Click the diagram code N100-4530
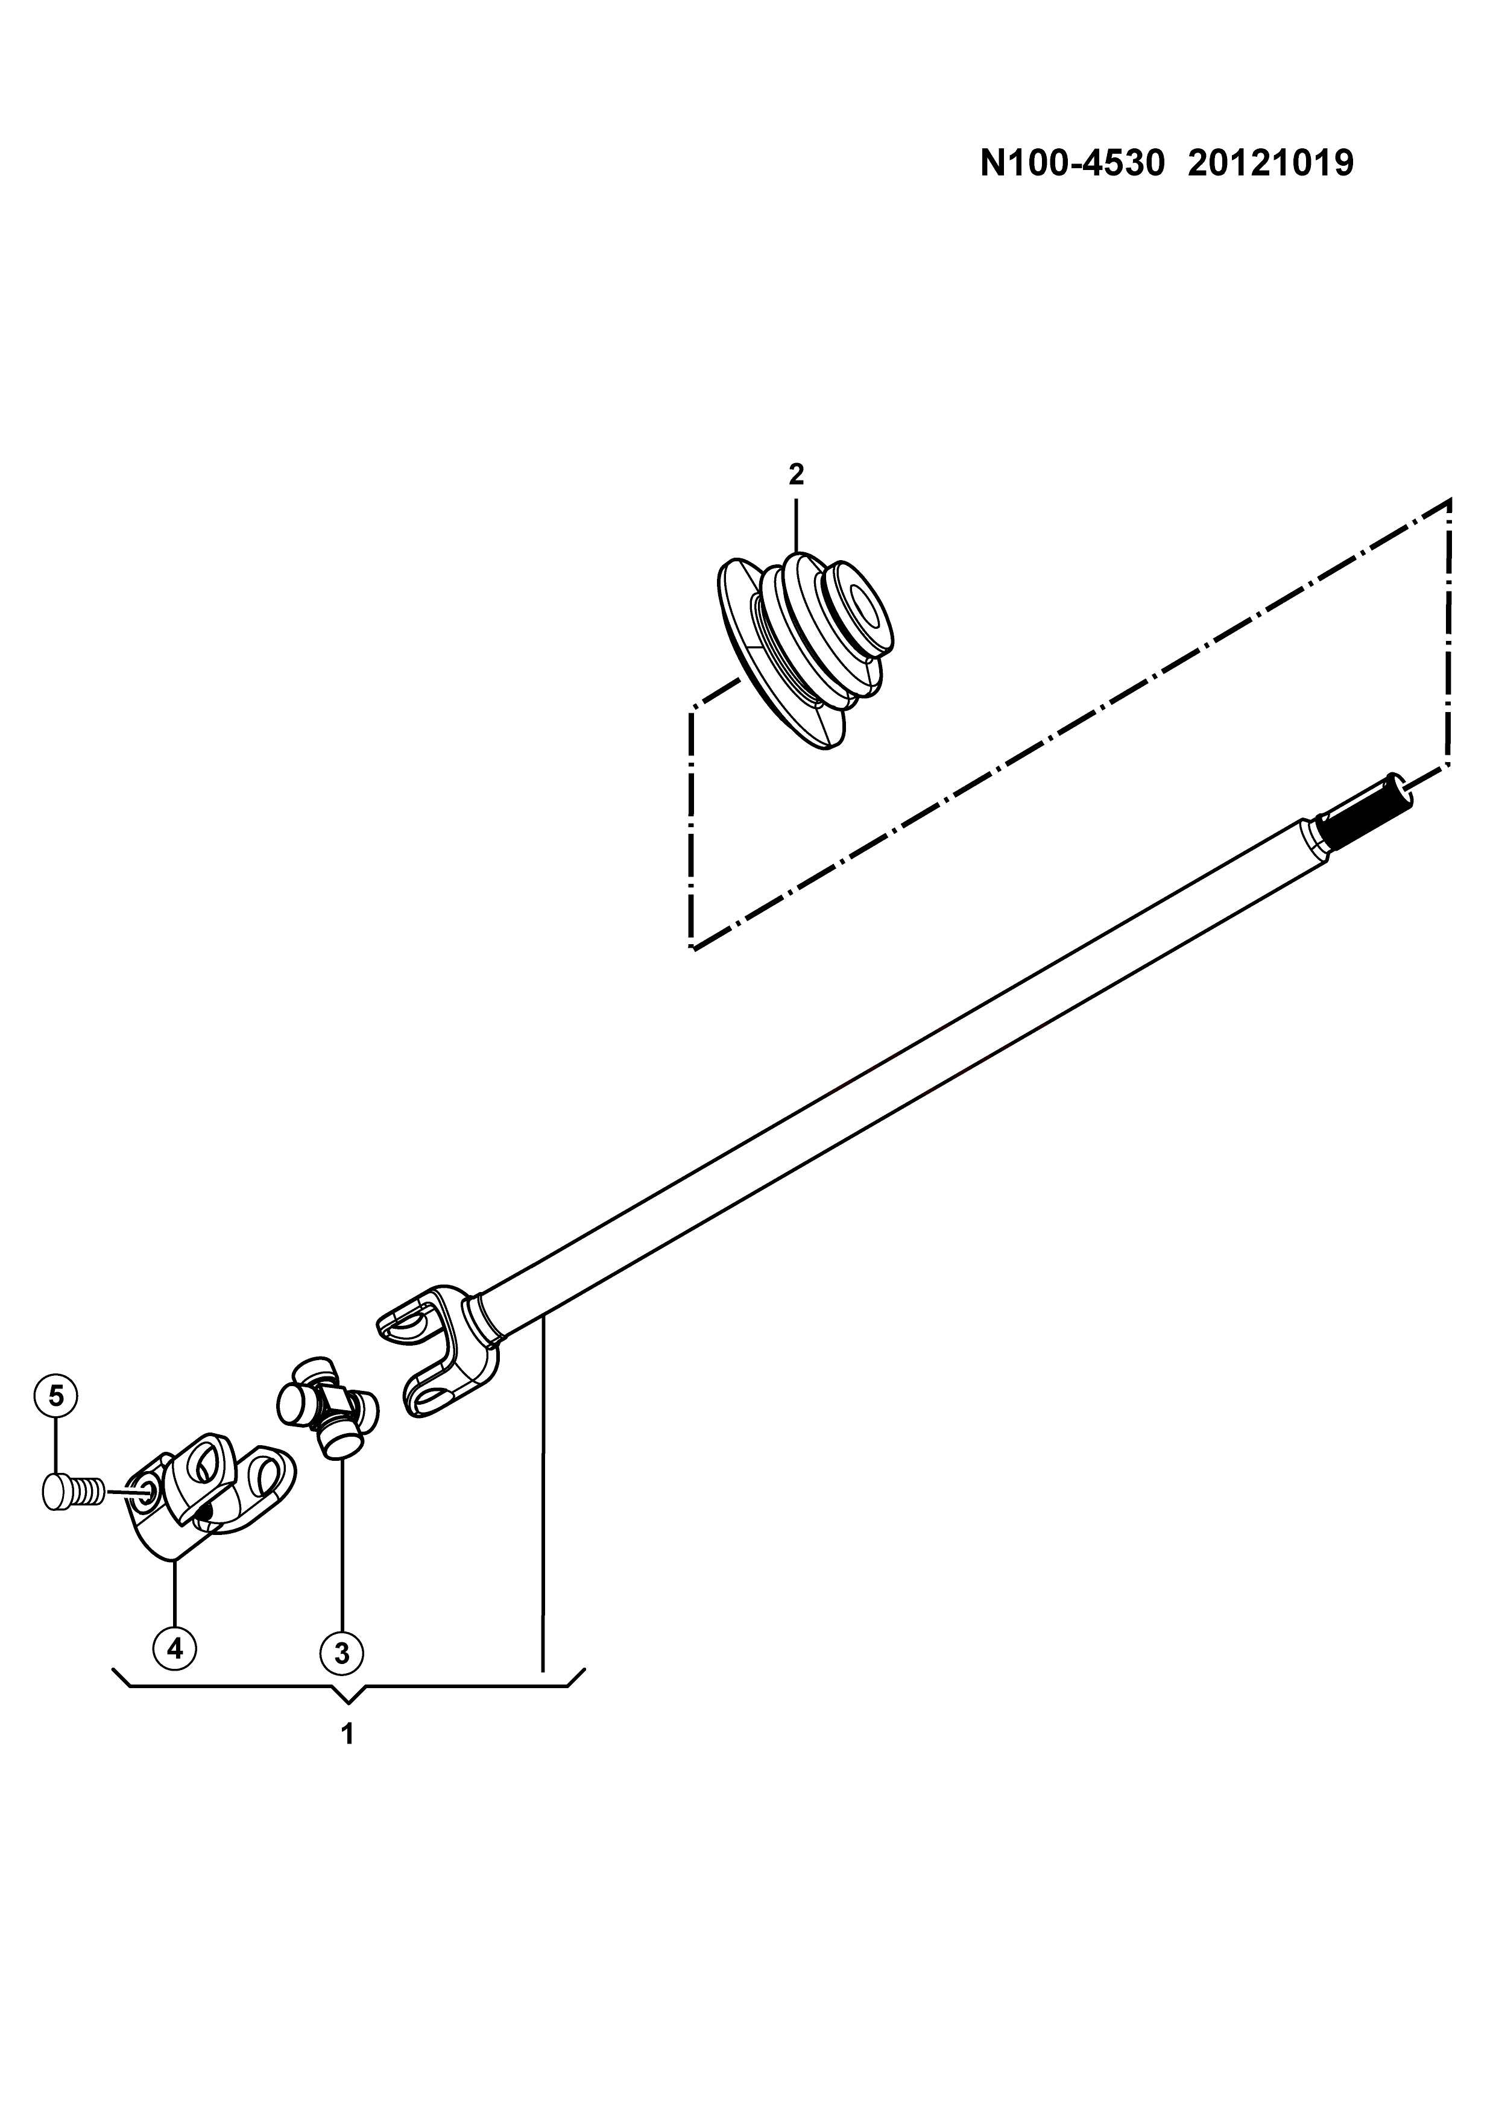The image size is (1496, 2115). pos(1072,164)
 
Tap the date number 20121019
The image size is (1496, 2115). pos(1270,164)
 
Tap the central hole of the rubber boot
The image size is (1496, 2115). pos(866,610)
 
